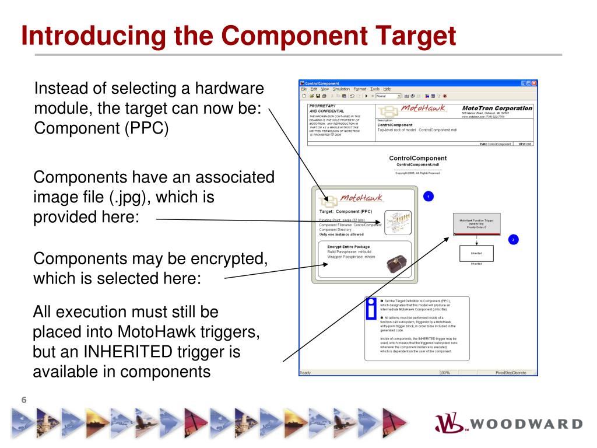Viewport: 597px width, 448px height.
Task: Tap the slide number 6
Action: (24, 400)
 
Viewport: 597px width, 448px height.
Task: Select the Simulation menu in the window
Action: (341, 89)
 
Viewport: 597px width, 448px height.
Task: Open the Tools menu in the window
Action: (375, 89)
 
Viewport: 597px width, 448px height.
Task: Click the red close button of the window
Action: (533, 83)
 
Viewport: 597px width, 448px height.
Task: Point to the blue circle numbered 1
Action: (429, 197)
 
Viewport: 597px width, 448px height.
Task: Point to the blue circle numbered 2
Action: (513, 239)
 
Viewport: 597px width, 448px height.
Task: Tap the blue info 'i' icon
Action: (370, 307)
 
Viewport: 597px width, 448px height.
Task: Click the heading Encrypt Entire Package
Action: (349, 247)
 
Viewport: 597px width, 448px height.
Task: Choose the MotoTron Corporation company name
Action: (497, 108)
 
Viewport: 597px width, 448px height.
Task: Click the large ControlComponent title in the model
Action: (417, 158)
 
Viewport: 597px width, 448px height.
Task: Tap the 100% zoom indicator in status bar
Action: (445, 372)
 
